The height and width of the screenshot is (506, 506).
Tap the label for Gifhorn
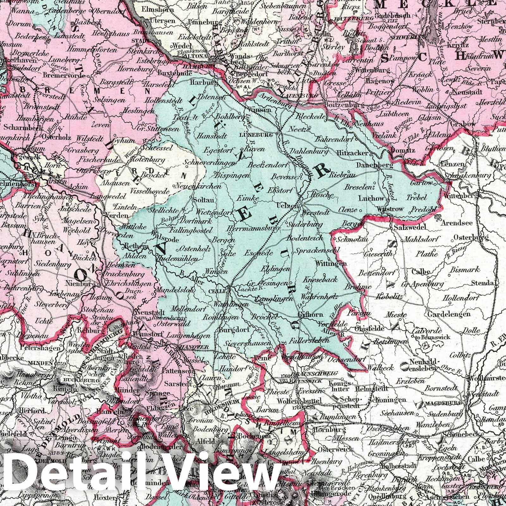pos(306,314)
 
